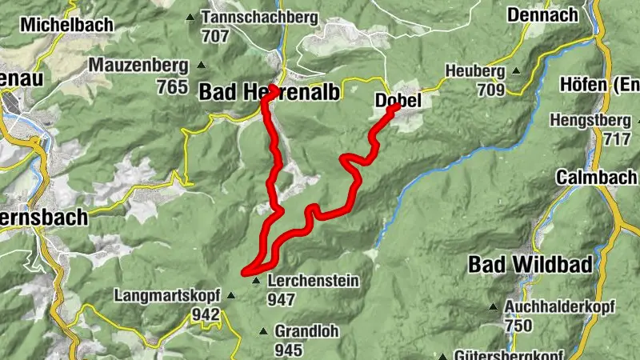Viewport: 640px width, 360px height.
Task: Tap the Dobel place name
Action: click(x=398, y=101)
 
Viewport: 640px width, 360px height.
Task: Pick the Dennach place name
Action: click(x=542, y=14)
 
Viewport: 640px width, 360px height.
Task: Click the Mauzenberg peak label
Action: click(x=138, y=64)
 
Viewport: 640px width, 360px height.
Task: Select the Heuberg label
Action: click(x=477, y=70)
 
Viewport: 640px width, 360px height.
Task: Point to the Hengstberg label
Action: click(x=595, y=120)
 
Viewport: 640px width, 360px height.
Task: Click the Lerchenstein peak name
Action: click(x=313, y=281)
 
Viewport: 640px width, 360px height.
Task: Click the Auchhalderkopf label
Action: click(x=553, y=306)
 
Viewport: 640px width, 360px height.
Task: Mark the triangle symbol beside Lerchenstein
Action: click(x=256, y=281)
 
